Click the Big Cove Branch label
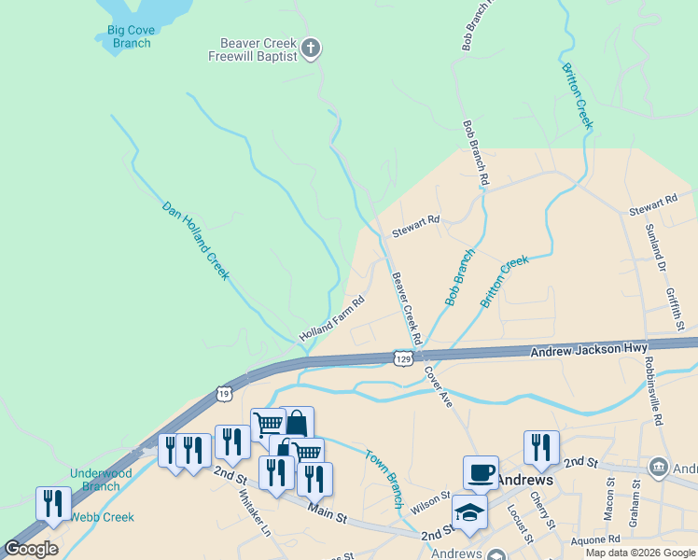(x=129, y=36)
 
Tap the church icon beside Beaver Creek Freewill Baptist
(x=312, y=48)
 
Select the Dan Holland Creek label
(x=195, y=240)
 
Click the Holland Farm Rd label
(x=330, y=319)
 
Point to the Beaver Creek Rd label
(x=407, y=306)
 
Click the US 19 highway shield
(x=224, y=394)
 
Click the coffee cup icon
(x=481, y=472)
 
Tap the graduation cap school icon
(x=469, y=511)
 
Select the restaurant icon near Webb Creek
(x=53, y=503)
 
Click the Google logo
(x=31, y=549)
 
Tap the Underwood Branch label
(x=100, y=480)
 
